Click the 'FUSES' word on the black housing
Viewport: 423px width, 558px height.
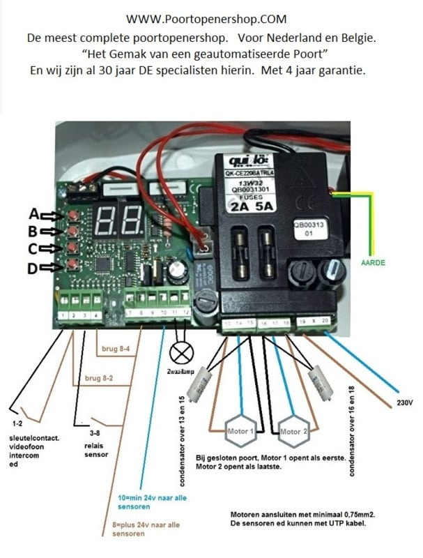pos(259,197)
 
